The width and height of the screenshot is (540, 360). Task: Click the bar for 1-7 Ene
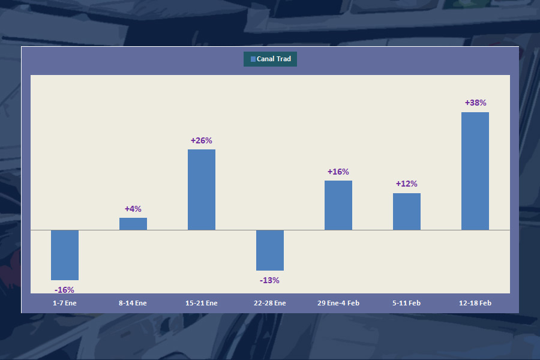click(65, 255)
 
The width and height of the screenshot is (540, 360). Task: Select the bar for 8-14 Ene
click(133, 224)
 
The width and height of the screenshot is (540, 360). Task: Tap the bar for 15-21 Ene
click(202, 190)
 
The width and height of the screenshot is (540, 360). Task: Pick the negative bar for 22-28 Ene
click(270, 250)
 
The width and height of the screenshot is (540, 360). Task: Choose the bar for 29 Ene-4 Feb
click(338, 205)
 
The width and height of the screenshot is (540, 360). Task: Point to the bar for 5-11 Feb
click(407, 211)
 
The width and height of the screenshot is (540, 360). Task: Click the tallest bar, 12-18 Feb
click(475, 171)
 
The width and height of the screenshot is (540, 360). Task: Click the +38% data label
click(475, 103)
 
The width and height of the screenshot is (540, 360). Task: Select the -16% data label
click(65, 290)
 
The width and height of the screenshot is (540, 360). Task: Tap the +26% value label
click(202, 140)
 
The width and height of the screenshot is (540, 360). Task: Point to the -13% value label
click(270, 280)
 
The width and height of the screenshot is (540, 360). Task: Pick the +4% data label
click(133, 209)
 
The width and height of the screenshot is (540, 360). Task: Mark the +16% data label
click(338, 172)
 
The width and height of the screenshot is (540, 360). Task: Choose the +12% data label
click(407, 184)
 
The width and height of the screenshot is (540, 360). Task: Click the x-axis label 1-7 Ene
click(65, 303)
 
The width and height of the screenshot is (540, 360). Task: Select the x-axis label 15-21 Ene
click(202, 303)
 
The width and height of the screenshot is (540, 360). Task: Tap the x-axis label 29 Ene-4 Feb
click(338, 303)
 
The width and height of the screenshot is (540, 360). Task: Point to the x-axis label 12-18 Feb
click(475, 303)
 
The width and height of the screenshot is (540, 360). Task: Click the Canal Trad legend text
click(274, 59)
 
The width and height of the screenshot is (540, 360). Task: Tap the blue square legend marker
click(253, 59)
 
